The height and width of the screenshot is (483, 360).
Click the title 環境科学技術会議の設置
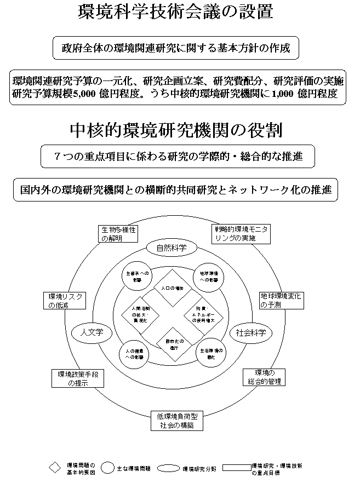click(175, 12)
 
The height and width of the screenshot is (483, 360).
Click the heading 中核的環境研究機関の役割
click(176, 130)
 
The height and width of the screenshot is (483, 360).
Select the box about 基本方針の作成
click(176, 48)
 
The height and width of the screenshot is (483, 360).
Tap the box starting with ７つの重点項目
click(178, 157)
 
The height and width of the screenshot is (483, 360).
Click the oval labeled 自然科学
click(172, 248)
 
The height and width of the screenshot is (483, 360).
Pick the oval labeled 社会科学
click(250, 332)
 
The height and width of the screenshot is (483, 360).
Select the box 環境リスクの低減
click(65, 301)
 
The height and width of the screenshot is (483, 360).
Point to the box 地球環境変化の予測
click(281, 300)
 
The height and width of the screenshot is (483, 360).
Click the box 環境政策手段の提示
click(77, 378)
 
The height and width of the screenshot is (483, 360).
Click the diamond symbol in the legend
click(55, 468)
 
